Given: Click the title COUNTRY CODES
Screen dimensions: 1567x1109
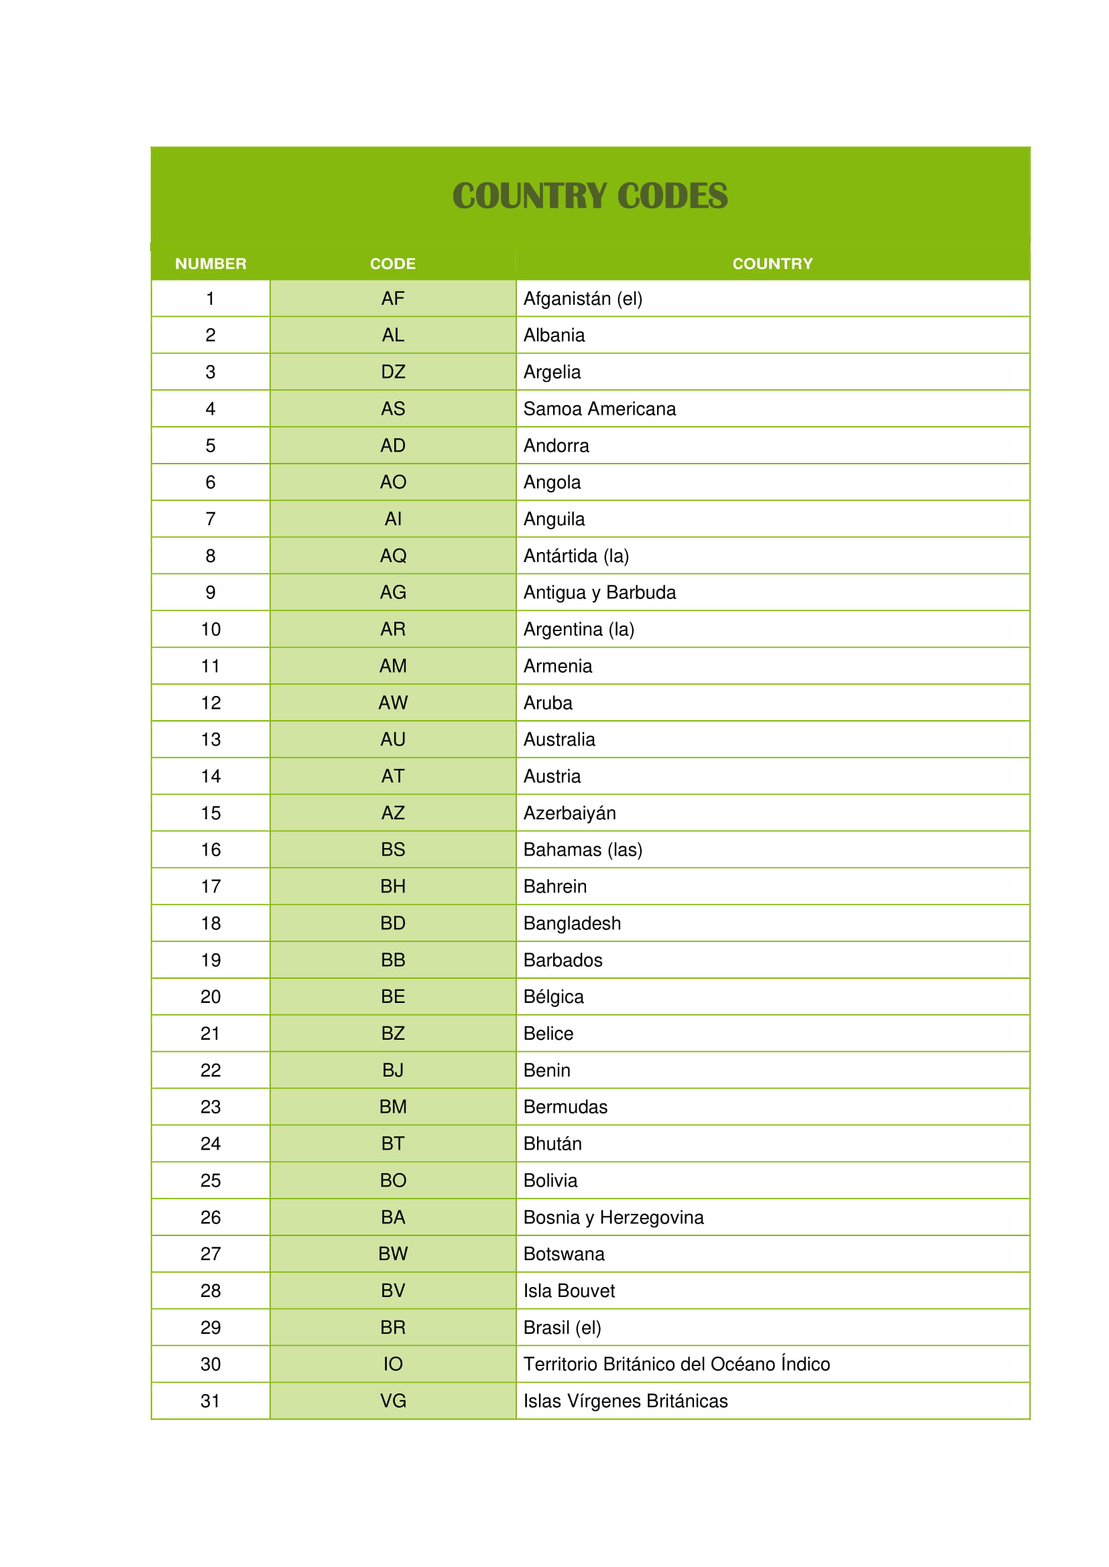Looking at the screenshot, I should [590, 196].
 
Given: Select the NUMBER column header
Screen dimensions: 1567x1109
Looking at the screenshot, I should [211, 263].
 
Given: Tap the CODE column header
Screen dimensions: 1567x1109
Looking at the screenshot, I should [393, 263].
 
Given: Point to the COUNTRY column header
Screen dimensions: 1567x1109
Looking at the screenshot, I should [772, 263].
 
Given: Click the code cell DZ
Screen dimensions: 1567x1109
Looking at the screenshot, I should [393, 372].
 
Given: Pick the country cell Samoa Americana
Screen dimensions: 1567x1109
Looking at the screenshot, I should [599, 409].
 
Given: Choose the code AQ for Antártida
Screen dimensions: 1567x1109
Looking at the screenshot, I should [393, 555].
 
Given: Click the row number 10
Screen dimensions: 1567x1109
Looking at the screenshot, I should [211, 629].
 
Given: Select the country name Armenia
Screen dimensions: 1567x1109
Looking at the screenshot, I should [558, 666].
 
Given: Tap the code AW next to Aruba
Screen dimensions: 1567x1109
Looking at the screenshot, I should [393, 703].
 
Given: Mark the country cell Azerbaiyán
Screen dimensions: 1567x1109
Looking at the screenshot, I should [569, 813].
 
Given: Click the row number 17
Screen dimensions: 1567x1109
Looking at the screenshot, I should [211, 886].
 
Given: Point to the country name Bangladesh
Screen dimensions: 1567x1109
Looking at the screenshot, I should [572, 923].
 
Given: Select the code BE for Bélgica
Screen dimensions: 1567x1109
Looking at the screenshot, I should [393, 996].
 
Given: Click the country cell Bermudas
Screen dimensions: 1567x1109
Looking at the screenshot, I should [565, 1107].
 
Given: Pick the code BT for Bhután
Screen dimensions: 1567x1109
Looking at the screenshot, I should [393, 1144].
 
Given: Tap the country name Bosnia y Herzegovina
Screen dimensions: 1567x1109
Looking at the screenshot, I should [614, 1217].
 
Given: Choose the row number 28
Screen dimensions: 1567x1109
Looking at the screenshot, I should [211, 1290].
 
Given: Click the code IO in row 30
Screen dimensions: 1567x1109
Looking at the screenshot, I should [393, 1364].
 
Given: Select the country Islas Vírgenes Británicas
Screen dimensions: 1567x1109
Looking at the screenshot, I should [626, 1401].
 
